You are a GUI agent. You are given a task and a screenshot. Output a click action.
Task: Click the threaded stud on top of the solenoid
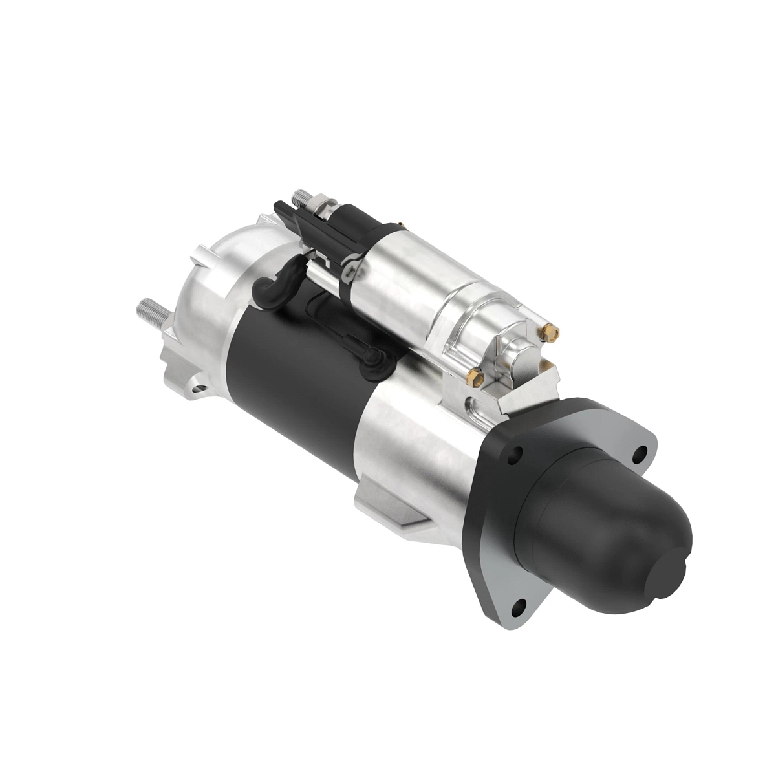coord(302,196)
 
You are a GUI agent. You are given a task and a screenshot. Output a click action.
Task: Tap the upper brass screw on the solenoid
coord(550,331)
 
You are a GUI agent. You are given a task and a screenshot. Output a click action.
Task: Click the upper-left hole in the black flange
coord(515,454)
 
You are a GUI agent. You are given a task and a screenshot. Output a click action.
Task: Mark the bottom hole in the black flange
coord(518,606)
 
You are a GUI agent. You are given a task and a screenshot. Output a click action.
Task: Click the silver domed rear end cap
coord(207,285)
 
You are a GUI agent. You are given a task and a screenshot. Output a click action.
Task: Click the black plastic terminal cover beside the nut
coord(291,217)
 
